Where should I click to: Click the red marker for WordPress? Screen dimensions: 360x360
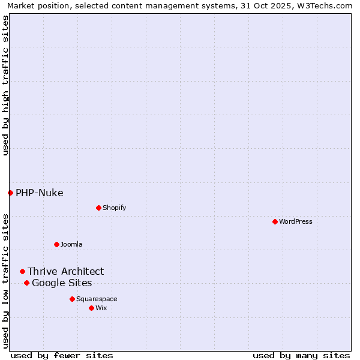275,221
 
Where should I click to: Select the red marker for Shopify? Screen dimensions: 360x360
98,208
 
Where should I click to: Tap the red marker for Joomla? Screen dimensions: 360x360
56,244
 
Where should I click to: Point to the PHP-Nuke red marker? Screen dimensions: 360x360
10,193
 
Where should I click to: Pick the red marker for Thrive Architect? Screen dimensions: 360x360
22,271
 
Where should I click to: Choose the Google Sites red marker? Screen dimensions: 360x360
26,283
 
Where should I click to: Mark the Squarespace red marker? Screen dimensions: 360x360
72,299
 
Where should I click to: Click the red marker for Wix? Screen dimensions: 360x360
91,308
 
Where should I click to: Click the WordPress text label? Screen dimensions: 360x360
296,221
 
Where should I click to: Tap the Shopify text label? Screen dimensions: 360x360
114,208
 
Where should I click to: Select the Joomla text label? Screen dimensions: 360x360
71,244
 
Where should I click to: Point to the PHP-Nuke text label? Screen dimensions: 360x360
39,193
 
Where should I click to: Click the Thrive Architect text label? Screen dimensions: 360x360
65,271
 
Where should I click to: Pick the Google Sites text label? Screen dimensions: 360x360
62,283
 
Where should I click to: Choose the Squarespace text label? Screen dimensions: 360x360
97,299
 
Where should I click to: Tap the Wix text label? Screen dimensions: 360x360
101,308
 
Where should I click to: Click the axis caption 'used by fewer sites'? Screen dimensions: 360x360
62,355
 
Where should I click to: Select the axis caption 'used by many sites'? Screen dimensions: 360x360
301,355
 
